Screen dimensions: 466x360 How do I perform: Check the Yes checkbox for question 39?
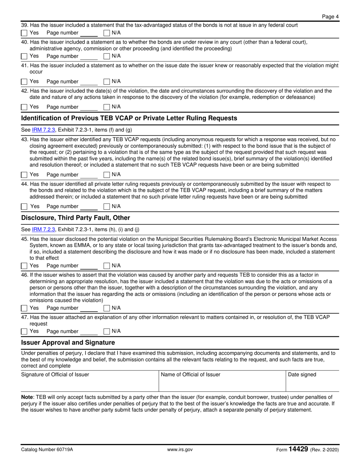(x=24, y=33)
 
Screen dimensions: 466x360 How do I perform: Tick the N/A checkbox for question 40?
(x=107, y=56)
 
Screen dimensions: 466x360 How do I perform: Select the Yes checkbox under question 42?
(x=24, y=107)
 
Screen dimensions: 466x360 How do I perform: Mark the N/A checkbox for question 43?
(x=107, y=175)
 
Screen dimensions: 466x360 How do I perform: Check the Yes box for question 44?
(x=24, y=206)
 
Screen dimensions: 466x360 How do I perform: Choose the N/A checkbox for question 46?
(x=107, y=308)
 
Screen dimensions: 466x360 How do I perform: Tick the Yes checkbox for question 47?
(x=24, y=332)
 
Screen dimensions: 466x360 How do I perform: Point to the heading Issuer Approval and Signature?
(x=68, y=342)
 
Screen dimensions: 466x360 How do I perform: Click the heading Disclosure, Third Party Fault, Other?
(x=75, y=218)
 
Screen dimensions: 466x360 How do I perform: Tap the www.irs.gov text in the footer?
(x=180, y=450)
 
